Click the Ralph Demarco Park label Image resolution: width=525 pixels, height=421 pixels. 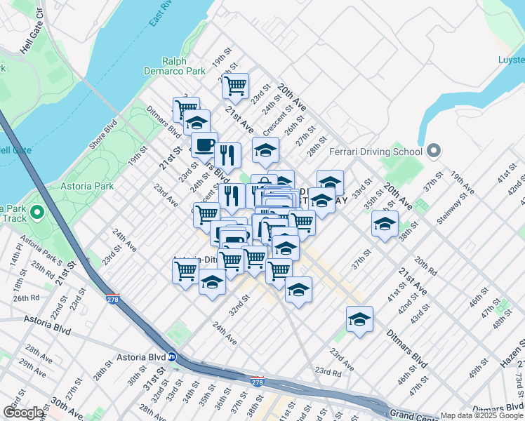coord(184,66)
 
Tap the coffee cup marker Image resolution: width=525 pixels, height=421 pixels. coord(204,145)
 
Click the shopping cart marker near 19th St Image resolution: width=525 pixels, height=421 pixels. coord(236,86)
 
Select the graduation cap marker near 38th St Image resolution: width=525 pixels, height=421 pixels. coord(384,224)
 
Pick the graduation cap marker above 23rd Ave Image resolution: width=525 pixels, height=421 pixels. coord(359,319)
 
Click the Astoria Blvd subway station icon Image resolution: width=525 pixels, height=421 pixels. coord(171,356)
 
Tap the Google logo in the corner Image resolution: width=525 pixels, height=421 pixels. coord(23,413)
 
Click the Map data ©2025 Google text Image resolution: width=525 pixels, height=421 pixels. coord(481,415)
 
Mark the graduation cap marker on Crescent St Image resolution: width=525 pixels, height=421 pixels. coord(265,150)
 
